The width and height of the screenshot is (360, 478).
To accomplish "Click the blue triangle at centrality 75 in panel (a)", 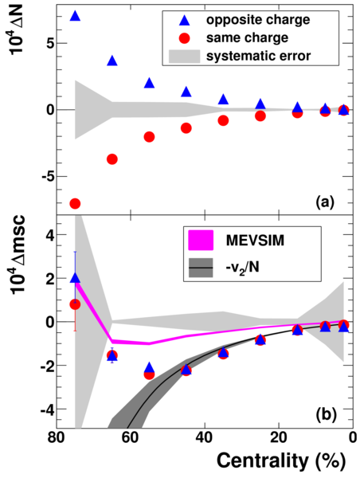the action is pos(75,16).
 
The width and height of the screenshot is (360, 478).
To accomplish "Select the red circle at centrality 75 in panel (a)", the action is pos(75,203).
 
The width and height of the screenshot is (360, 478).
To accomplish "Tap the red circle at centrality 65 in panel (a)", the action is pos(112,159).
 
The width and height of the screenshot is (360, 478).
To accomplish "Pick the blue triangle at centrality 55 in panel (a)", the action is pos(150,83).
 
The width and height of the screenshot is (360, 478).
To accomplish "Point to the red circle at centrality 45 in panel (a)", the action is pos(186,128).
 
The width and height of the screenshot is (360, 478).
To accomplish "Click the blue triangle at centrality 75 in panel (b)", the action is pos(75,278).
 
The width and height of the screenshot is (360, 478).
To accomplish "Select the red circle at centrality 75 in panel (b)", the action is pos(75,304).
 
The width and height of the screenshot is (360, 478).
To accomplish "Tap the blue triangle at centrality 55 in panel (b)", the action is pos(150,367).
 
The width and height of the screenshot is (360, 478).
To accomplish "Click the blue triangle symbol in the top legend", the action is pos(185,20).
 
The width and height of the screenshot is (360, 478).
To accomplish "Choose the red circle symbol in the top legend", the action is pos(185,38).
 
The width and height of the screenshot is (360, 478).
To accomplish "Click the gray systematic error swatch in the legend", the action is pos(185,56).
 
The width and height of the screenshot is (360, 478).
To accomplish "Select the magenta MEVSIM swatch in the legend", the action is pos(201,241).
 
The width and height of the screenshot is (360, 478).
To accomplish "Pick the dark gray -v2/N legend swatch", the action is pos(201,268).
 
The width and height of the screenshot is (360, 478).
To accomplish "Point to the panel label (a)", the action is pos(325,202).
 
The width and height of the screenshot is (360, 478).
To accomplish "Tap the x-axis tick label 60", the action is pos(131,437).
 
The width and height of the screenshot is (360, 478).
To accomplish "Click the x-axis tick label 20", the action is pos(279,437).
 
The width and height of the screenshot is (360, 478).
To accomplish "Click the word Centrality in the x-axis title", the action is pos(262,460).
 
